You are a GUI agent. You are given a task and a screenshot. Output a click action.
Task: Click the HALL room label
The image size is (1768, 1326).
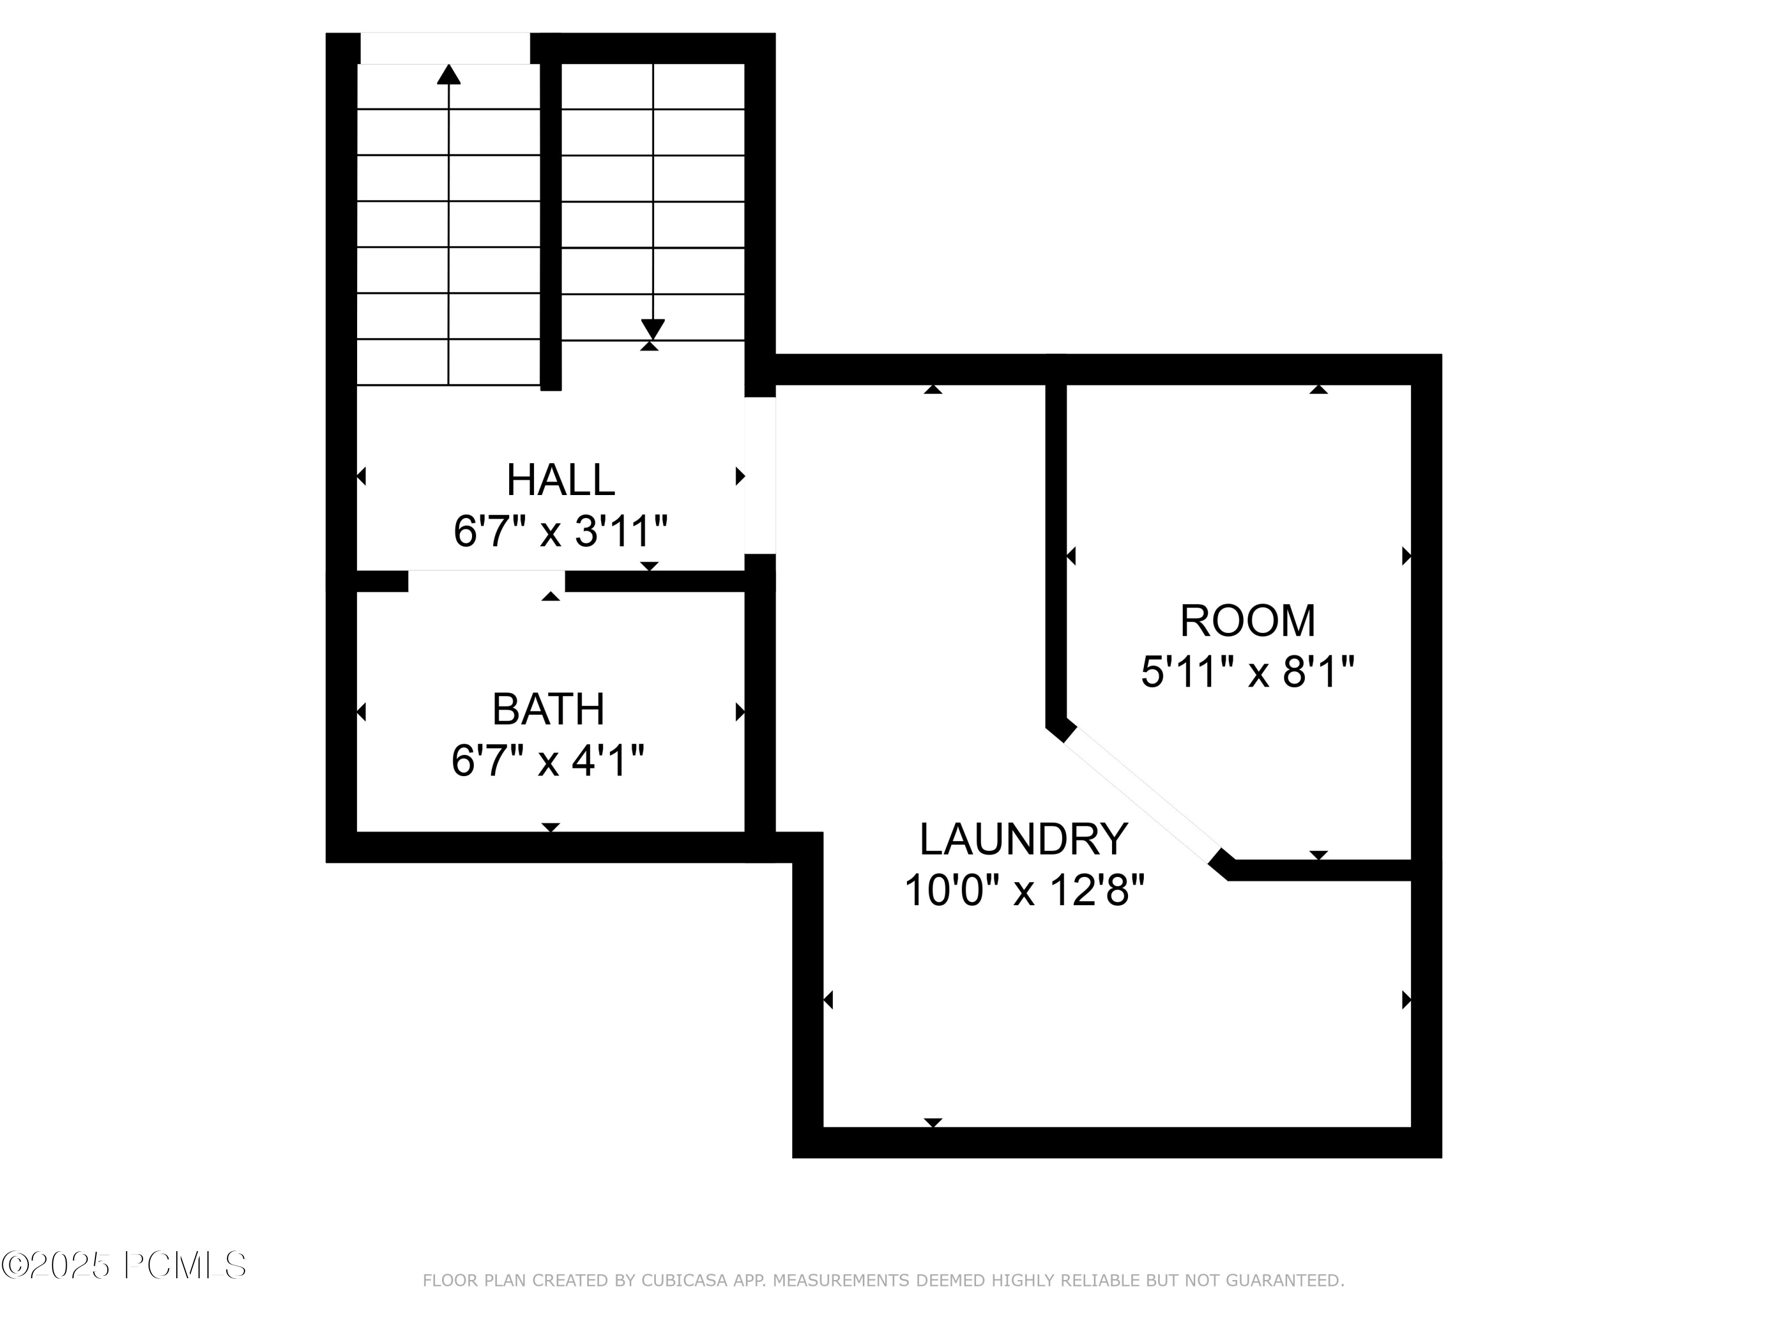coord(560,480)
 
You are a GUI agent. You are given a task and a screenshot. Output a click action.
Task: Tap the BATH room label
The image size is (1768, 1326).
coord(548,709)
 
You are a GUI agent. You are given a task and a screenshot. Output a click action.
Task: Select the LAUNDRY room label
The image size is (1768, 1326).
coord(1023,839)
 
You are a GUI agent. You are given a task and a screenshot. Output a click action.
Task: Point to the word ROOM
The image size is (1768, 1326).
coord(1248,621)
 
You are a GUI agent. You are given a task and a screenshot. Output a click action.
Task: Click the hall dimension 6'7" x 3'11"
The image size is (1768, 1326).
coord(560,531)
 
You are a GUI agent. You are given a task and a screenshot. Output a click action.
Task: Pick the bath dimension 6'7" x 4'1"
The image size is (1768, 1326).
coord(548,760)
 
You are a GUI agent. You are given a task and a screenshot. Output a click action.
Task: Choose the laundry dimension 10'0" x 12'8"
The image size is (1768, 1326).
coord(1024,889)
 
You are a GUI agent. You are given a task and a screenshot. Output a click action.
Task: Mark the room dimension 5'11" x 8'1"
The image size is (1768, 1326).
coord(1248,671)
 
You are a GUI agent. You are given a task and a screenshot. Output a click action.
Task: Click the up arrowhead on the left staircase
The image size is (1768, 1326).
coord(449,74)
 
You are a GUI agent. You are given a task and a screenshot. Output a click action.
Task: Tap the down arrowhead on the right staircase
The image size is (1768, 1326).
coord(653,328)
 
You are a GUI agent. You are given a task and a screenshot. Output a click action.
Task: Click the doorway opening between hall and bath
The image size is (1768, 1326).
coord(486,581)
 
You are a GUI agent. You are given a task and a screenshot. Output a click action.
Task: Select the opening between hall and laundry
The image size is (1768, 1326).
coord(760,476)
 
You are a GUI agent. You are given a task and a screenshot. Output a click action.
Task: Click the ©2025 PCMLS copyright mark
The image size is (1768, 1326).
coord(124,1265)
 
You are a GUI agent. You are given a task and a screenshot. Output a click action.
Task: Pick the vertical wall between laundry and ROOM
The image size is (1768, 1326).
coord(1056,552)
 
